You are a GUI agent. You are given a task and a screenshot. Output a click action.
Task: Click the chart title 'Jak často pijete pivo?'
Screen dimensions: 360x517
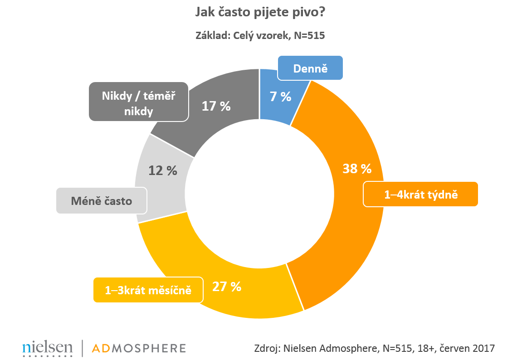(x=260, y=12)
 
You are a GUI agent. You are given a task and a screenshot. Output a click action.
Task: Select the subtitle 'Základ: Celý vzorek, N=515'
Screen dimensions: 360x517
(x=260, y=35)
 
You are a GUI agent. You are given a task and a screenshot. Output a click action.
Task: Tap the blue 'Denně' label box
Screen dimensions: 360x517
(x=310, y=69)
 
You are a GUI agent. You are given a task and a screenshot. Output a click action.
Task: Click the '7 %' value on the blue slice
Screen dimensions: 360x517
(x=279, y=96)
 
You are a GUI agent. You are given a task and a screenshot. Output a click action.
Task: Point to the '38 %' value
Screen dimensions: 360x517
(x=356, y=169)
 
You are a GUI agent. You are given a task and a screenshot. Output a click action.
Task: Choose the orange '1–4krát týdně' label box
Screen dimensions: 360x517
(x=421, y=195)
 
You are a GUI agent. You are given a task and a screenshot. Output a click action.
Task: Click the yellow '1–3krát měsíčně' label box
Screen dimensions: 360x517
(x=148, y=290)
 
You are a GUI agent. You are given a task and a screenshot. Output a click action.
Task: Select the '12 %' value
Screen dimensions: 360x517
(x=162, y=170)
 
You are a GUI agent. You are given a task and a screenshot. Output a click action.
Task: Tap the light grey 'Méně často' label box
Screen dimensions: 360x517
(x=102, y=200)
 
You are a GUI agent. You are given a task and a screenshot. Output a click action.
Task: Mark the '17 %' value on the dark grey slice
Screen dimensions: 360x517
(x=216, y=106)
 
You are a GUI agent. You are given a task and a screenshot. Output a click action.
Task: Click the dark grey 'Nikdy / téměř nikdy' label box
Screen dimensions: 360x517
(x=139, y=102)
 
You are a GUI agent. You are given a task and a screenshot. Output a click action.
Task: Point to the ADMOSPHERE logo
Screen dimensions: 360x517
(x=139, y=348)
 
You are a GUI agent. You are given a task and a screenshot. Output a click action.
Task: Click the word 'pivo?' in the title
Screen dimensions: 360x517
(x=308, y=12)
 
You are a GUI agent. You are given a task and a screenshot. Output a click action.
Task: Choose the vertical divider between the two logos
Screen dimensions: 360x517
(x=82, y=348)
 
